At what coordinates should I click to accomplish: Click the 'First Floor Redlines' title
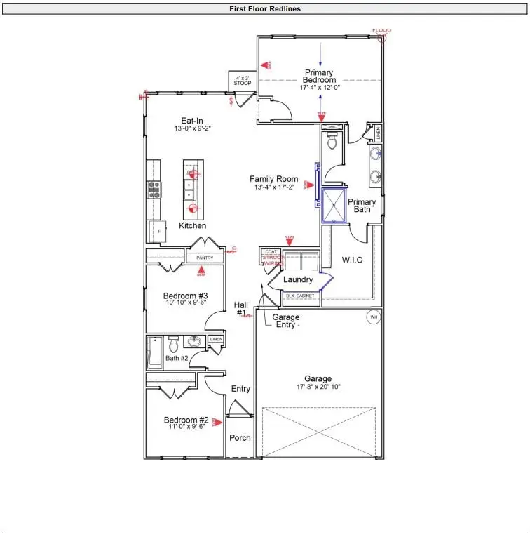[264, 9]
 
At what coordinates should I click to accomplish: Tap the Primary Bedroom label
[319, 77]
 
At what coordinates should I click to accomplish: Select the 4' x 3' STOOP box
[243, 80]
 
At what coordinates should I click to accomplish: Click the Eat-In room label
[192, 121]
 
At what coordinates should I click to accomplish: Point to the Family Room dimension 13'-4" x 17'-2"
[274, 187]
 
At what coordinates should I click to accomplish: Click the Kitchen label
[192, 225]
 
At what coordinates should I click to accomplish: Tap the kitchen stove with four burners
[154, 189]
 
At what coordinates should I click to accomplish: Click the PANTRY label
[205, 258]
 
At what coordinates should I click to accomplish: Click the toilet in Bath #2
[173, 345]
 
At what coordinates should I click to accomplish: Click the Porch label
[240, 437]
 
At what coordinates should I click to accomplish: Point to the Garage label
[318, 378]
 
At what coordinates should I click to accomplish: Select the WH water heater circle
[374, 317]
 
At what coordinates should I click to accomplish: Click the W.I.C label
[352, 260]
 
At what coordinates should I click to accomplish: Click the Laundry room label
[297, 279]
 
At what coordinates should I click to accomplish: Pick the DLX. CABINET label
[300, 296]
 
